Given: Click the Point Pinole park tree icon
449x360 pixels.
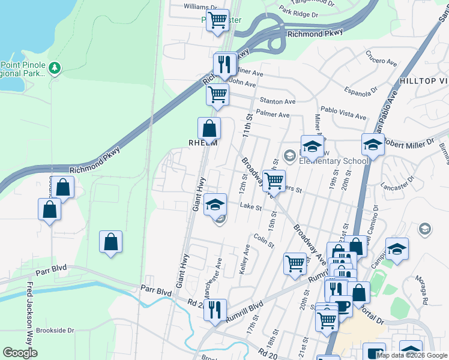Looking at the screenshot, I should pyautogui.click(x=55, y=68).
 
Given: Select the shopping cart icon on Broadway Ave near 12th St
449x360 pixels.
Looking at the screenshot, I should pyautogui.click(x=274, y=180).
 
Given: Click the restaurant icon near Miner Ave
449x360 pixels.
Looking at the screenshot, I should pyautogui.click(x=224, y=64).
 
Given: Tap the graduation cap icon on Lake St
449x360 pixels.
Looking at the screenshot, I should pyautogui.click(x=215, y=205).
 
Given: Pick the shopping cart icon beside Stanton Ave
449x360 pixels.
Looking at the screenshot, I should pyautogui.click(x=217, y=94).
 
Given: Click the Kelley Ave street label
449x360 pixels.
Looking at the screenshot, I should pyautogui.click(x=245, y=260).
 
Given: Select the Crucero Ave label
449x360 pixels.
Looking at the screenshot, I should pyautogui.click(x=382, y=62).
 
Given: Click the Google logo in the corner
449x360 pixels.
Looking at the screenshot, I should pyautogui.click(x=20, y=353).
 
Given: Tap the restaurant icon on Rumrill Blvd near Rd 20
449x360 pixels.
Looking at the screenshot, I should pyautogui.click(x=215, y=310).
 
